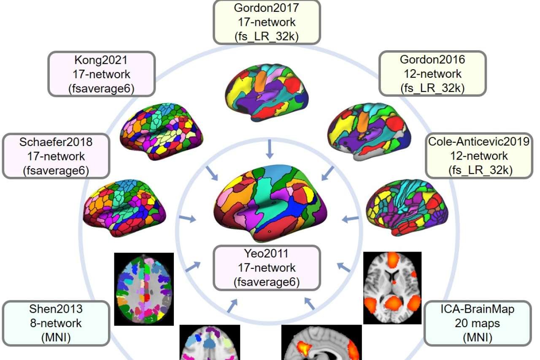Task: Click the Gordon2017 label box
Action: tap(267, 22)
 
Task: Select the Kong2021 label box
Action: tap(102, 74)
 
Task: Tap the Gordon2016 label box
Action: tap(432, 74)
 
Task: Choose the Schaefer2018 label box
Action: tap(56, 156)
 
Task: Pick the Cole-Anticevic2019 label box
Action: tap(478, 156)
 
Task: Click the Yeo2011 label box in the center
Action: tap(267, 268)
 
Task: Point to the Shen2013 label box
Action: tap(56, 324)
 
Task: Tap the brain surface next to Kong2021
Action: tap(162, 131)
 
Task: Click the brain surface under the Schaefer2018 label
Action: tap(125, 207)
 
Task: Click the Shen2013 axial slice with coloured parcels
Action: tap(144, 289)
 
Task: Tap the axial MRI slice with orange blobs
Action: tap(392, 287)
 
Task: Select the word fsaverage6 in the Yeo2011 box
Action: tap(267, 282)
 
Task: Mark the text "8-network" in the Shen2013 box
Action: tap(56, 324)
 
